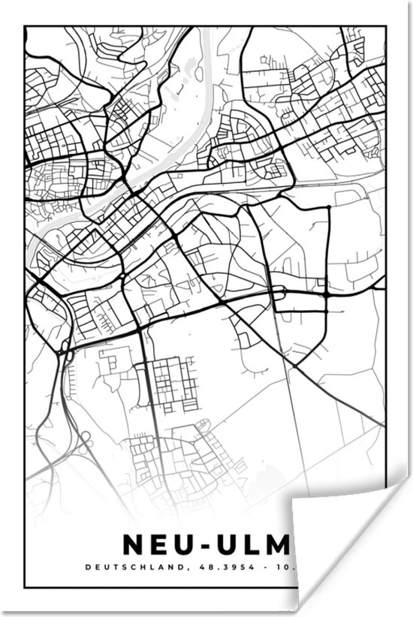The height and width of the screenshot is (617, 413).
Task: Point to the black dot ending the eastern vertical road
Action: coord(329,206)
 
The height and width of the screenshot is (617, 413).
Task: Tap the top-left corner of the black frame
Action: coord(25,26)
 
